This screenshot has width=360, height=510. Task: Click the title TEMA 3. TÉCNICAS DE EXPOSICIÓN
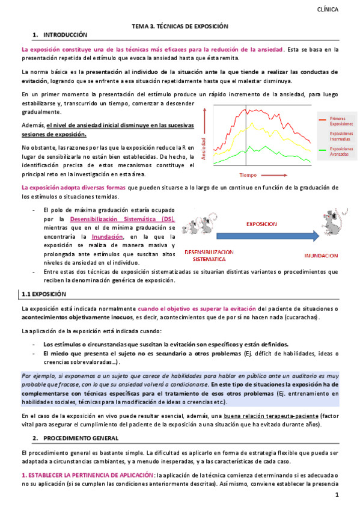click(x=180, y=27)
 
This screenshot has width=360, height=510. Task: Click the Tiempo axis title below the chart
click(x=248, y=175)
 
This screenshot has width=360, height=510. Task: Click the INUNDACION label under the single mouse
click(x=320, y=255)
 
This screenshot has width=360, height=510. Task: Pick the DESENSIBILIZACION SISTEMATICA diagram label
click(x=209, y=255)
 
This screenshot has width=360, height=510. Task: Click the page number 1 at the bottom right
click(x=337, y=496)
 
